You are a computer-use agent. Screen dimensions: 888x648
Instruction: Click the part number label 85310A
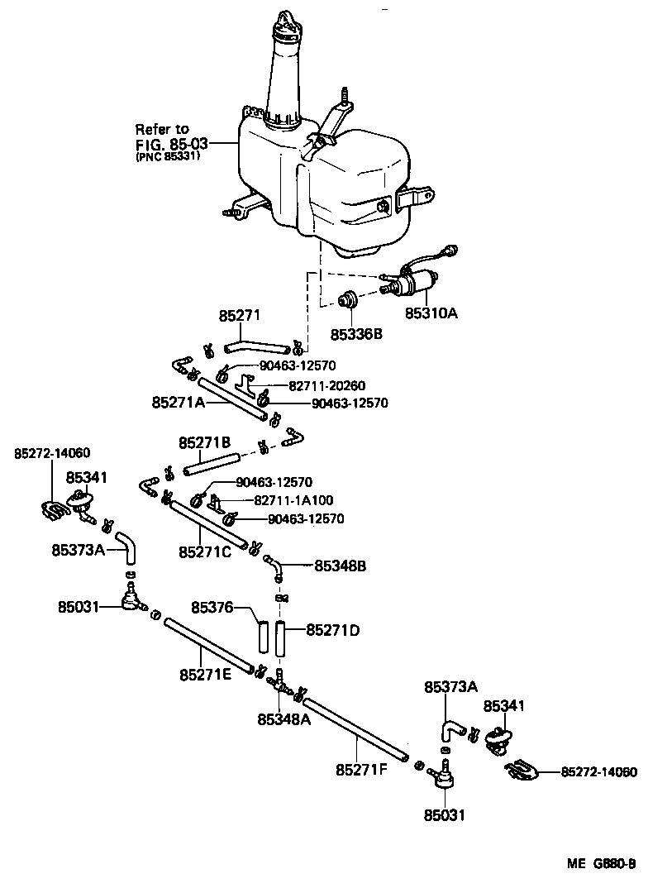click(x=430, y=313)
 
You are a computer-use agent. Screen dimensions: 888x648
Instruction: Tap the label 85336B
click(x=356, y=335)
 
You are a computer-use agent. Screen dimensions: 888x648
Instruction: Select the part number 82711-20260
click(x=326, y=386)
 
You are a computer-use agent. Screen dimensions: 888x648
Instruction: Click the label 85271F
click(x=361, y=769)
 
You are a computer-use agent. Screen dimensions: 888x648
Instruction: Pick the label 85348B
click(x=341, y=566)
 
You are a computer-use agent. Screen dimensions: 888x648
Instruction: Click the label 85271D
click(x=333, y=630)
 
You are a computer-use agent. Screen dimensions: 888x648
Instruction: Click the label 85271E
click(x=206, y=675)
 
